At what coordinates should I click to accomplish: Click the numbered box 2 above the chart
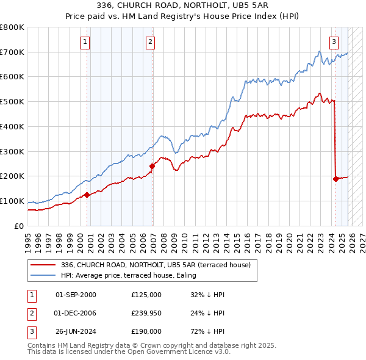coord(150,42)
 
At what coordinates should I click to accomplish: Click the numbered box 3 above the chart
coord(334,42)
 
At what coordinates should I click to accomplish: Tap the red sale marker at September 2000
coord(87,195)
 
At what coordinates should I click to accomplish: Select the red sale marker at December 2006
coord(152,166)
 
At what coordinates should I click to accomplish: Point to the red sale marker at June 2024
coord(335,179)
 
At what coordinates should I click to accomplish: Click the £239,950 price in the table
coord(146,313)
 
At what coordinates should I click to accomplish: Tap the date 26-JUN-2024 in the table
coord(76,331)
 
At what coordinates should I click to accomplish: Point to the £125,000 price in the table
coord(146,295)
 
